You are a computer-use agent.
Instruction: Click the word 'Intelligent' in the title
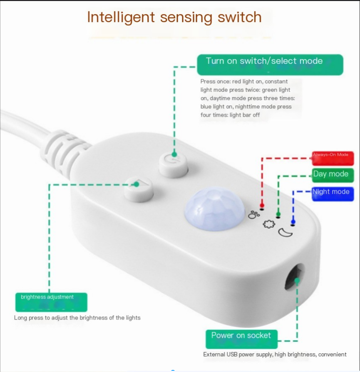point(121,17)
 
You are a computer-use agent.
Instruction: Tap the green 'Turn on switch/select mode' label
point(270,65)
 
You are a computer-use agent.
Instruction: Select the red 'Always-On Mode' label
point(333,158)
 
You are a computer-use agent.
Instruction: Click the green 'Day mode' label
point(333,175)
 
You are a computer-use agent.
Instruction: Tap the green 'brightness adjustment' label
point(51,302)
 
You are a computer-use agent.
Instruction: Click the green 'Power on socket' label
point(241,339)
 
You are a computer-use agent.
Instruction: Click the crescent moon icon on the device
point(286,232)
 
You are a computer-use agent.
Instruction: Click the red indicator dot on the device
point(262,206)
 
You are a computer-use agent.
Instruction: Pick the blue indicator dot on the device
point(293,222)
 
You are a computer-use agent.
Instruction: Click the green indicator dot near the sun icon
point(278,215)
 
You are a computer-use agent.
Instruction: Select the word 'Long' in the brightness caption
point(21,318)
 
